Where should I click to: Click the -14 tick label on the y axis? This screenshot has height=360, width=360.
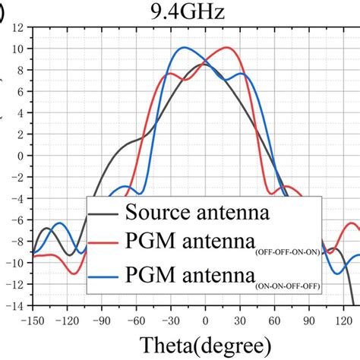(14, 305)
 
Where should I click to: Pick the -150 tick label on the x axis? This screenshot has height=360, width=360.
(32, 320)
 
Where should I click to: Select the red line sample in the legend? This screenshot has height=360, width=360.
(109, 244)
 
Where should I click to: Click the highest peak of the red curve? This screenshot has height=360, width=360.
(226, 47)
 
